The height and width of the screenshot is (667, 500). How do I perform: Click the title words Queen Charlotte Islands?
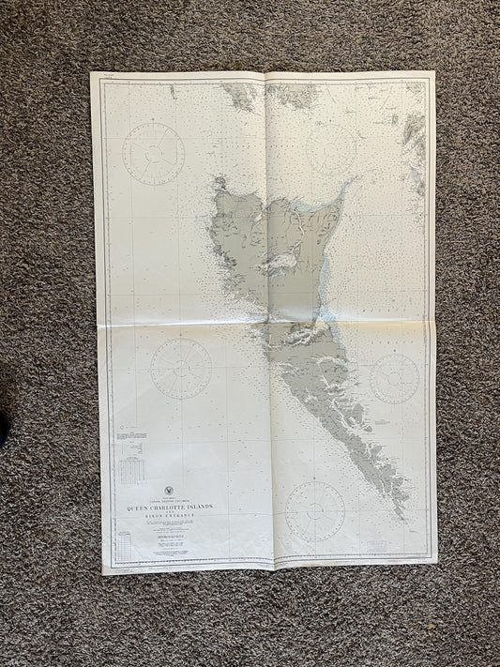pyautogui.click(x=166, y=507)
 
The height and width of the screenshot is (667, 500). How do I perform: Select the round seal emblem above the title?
pyautogui.click(x=166, y=490)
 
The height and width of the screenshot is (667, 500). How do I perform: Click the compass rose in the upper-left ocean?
pyautogui.click(x=153, y=153)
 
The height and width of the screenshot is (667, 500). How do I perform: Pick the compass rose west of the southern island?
pyautogui.click(x=181, y=368)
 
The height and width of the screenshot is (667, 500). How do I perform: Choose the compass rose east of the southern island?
pyautogui.click(x=394, y=378)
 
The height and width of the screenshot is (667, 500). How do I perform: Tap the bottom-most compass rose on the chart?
pyautogui.click(x=315, y=511)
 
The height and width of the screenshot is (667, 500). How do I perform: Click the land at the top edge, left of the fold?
pyautogui.click(x=240, y=94)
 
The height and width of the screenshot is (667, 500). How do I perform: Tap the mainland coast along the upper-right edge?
pyautogui.click(x=414, y=141)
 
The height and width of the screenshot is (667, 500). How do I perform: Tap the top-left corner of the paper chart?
pyautogui.click(x=92, y=73)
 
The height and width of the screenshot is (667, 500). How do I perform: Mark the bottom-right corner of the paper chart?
pyautogui.click(x=436, y=562)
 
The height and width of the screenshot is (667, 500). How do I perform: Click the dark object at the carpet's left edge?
pyautogui.click(x=4, y=427)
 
